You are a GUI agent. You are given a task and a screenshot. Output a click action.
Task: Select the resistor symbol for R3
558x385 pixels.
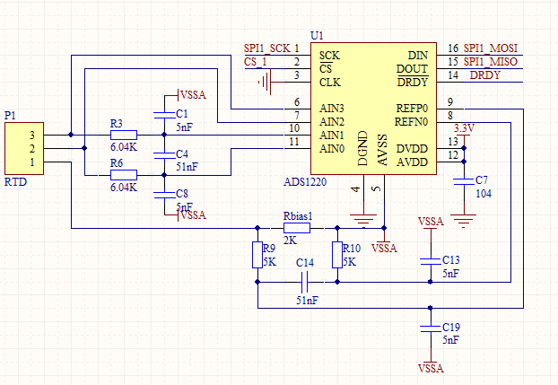123,135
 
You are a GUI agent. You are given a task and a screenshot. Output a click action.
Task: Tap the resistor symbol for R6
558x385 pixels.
123,175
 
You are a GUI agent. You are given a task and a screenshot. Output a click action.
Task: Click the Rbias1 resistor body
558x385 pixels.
296,228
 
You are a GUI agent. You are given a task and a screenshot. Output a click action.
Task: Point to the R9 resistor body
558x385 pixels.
257,255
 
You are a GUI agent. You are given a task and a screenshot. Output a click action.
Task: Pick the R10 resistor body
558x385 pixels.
336,255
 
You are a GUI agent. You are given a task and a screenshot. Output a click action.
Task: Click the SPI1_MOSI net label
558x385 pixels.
491,48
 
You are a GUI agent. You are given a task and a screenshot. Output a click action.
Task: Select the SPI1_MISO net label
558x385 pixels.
491,62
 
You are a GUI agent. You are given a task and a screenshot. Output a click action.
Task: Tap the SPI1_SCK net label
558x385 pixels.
266,48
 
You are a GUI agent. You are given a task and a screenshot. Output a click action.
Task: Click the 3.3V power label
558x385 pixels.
464,128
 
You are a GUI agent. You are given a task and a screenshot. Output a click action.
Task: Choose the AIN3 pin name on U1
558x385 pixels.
332,108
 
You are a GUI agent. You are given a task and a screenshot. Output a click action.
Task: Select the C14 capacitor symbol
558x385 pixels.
306,282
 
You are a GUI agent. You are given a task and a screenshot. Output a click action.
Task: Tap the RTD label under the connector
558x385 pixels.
15,181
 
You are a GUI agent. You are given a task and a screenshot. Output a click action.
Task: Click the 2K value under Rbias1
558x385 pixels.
291,241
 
